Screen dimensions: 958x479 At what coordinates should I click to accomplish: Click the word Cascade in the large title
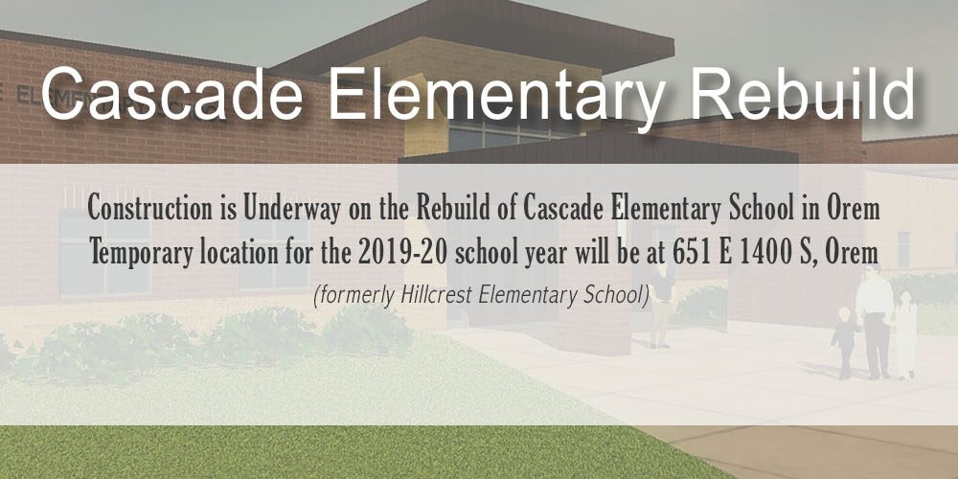(171, 94)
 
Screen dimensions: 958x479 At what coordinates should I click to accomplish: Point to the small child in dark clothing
(845, 342)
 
